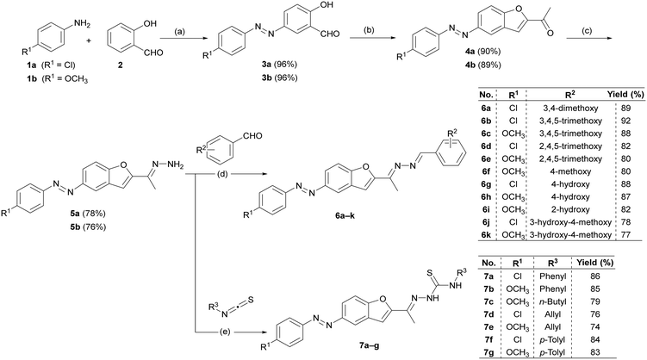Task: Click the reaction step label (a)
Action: point(179,32)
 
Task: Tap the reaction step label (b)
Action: point(368,30)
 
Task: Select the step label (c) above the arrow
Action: point(586,31)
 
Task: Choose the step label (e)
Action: point(223,331)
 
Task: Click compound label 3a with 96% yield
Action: point(282,65)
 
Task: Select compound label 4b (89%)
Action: point(486,65)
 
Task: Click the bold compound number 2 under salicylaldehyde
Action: point(121,65)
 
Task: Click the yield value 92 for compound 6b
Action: point(625,121)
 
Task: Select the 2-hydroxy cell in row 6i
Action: point(570,209)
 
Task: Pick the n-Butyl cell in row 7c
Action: point(552,301)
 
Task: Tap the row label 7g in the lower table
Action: point(488,352)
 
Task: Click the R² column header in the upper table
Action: point(569,95)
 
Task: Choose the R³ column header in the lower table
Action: point(552,263)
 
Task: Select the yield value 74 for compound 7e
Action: point(594,327)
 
